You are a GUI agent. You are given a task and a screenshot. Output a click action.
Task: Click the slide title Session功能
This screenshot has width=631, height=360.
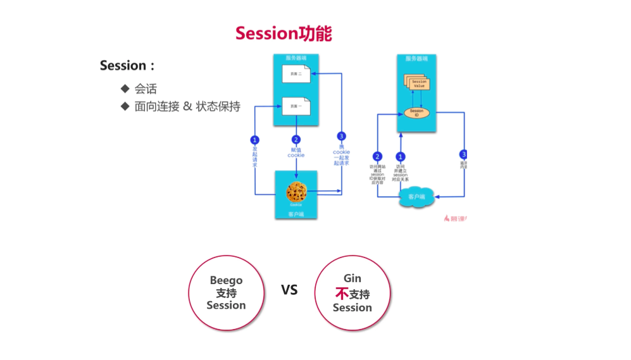click(283, 33)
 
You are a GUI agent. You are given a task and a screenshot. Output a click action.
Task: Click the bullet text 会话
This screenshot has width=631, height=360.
click(146, 89)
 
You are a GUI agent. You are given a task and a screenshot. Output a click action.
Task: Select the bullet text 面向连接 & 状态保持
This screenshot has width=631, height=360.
click(187, 106)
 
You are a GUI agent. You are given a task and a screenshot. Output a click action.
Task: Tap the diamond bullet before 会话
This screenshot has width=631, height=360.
click(125, 89)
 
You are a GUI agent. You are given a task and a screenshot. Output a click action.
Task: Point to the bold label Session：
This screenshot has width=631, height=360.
click(127, 66)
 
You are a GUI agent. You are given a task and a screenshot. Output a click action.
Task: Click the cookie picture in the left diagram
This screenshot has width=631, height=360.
click(296, 190)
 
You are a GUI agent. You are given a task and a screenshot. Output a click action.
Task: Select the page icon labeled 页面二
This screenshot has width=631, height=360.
click(296, 76)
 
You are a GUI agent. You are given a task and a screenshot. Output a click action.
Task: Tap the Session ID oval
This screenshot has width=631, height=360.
click(416, 113)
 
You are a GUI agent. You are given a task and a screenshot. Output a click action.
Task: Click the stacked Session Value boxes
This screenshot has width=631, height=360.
click(418, 84)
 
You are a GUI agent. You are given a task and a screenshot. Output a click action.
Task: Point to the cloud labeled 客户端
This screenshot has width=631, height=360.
click(415, 198)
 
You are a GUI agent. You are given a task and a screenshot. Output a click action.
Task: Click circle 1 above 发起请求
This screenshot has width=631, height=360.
click(254, 140)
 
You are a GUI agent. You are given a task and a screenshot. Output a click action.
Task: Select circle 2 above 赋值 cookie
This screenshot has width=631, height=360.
click(296, 140)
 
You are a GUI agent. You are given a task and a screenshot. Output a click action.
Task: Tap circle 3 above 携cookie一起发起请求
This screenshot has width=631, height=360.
click(341, 136)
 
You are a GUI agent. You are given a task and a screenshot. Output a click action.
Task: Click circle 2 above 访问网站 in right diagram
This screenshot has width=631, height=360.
click(377, 156)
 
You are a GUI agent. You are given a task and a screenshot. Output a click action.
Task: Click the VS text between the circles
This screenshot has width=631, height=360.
click(289, 290)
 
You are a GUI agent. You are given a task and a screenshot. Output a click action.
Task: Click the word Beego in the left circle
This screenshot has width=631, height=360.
click(226, 280)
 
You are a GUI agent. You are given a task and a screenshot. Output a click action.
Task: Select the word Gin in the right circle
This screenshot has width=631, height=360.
click(353, 278)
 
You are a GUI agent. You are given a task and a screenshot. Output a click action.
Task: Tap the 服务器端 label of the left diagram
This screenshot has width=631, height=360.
click(296, 58)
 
